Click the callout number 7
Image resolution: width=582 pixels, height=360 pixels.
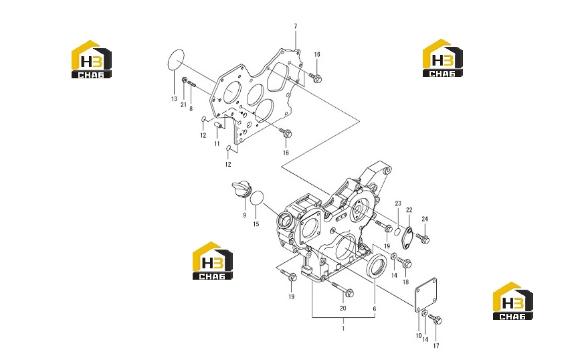(296, 26)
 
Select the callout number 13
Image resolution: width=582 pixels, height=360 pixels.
(174, 99)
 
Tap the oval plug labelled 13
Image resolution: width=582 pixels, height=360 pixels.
(176, 59)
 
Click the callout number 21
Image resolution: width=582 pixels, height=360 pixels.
(183, 105)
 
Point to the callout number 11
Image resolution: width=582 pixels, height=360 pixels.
(217, 144)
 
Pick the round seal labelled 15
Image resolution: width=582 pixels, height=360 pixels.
(257, 197)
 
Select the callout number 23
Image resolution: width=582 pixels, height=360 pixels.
(398, 203)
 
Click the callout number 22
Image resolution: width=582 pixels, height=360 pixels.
(409, 210)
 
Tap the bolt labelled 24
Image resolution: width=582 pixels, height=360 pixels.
(423, 238)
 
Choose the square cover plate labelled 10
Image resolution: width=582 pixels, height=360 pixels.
(425, 294)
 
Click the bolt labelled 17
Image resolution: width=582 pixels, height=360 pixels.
(435, 319)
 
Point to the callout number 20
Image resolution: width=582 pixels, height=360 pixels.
(343, 308)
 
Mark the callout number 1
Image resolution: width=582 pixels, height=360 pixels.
(343, 329)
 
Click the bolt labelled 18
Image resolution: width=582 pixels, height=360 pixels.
(404, 262)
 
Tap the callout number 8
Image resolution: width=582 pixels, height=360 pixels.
(191, 109)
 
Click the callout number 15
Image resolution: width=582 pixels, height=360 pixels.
(256, 224)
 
